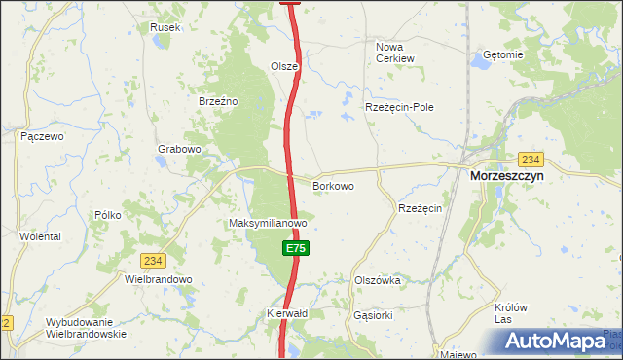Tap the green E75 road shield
coord(297,249)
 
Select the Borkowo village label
coord(332,185)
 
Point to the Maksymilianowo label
coord(268,223)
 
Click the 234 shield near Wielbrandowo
coord(153,261)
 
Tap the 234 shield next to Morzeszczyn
coord(531,159)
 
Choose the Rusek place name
coord(165,27)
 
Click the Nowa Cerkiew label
coord(395,52)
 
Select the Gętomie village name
coord(502,55)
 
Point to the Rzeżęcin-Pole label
coord(399,107)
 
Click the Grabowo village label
coord(179,149)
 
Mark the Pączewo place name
coord(42,136)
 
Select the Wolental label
coord(40,236)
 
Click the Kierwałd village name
coord(287,314)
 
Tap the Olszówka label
coord(378,280)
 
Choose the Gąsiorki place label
coord(374,315)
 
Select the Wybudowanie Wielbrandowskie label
coord(86,328)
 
